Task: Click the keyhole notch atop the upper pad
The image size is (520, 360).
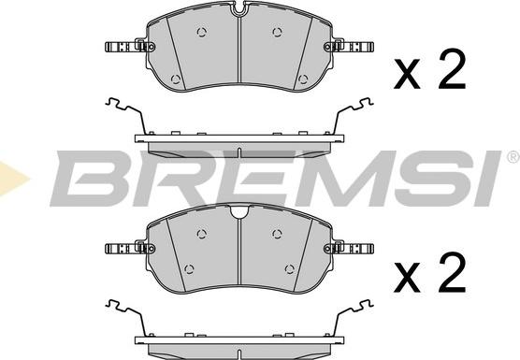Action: pos(239,8)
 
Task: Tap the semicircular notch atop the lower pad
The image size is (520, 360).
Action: pos(239,211)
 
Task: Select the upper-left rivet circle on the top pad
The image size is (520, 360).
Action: pos(202,32)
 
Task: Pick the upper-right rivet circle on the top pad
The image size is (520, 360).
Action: pos(277,32)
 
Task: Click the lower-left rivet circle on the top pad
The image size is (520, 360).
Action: pos(176,79)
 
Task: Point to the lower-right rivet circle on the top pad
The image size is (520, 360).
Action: pos(303,79)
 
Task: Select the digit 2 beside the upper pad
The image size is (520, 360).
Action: pos(452,68)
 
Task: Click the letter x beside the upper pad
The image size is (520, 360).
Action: pos(407,74)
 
